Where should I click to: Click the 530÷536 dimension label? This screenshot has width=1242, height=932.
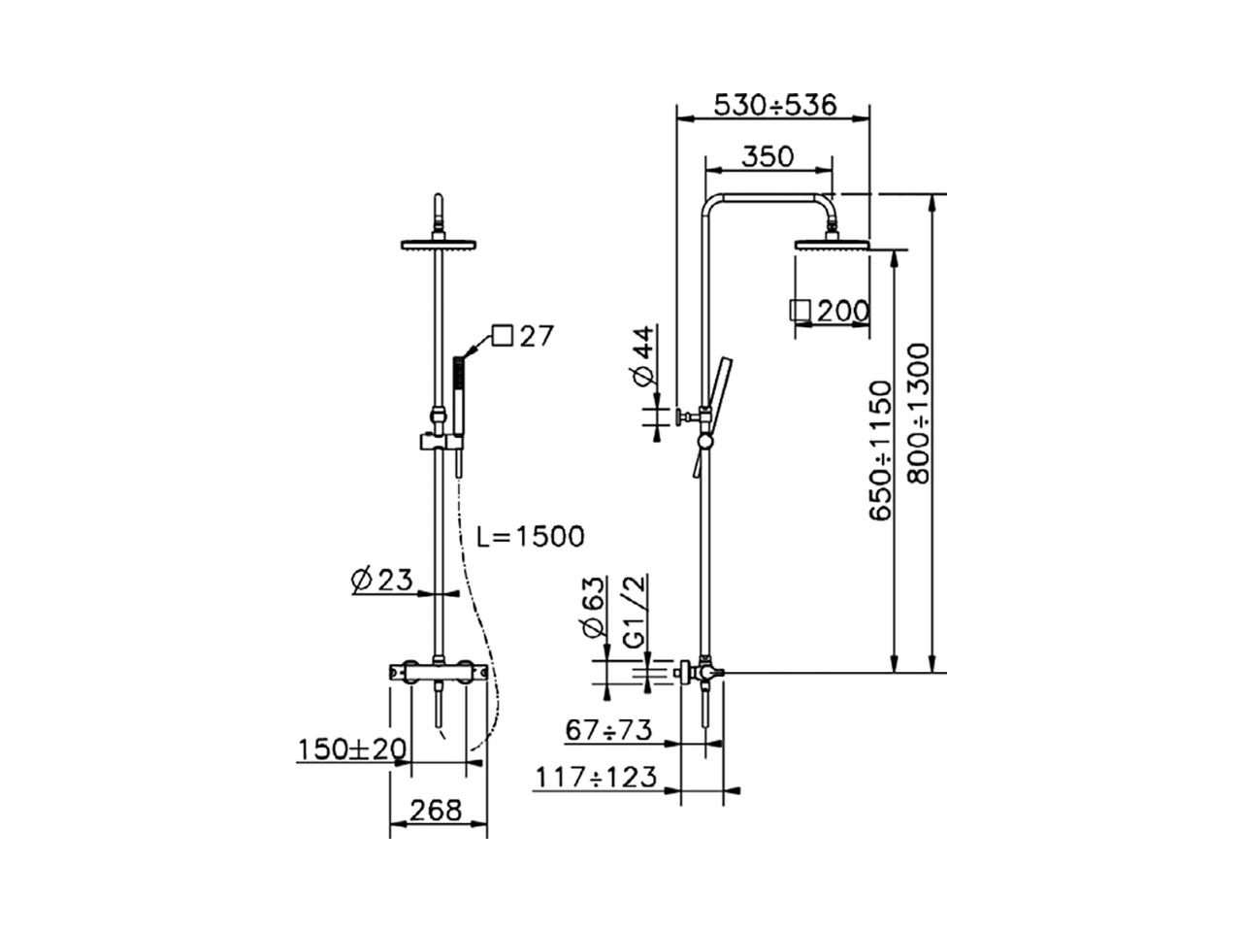tap(774, 105)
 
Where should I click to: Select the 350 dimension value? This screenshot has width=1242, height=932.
tap(768, 155)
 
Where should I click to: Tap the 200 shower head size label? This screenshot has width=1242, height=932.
tap(842, 312)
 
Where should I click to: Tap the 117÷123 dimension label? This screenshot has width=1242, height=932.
tap(596, 777)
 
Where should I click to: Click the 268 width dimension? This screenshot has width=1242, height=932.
tap(436, 811)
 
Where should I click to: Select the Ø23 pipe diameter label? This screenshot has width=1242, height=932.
tap(382, 580)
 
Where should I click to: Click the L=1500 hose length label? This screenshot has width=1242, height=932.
tap(531, 535)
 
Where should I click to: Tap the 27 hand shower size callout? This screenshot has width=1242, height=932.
tap(535, 336)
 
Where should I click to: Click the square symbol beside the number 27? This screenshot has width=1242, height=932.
tap(502, 336)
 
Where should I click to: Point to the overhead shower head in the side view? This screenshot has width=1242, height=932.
tap(833, 244)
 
